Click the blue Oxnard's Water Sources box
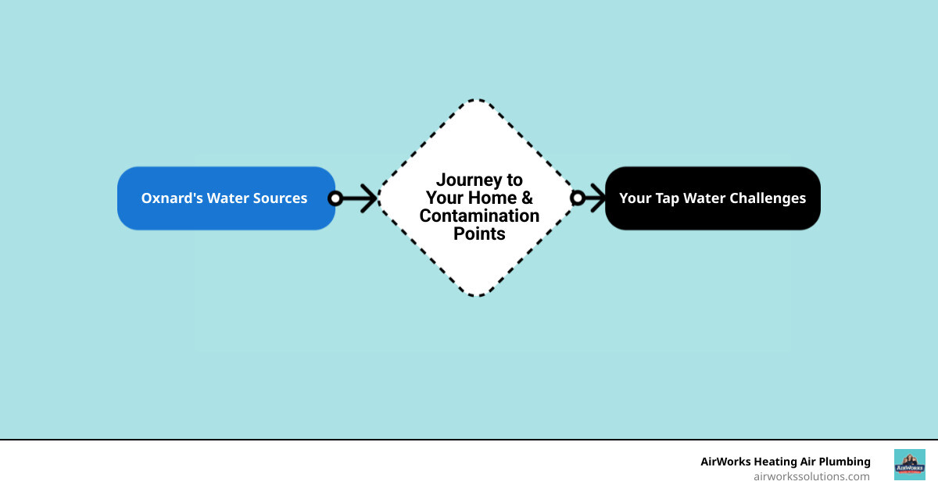pos(226,198)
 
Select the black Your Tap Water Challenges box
pos(712,198)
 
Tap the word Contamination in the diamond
pos(479,216)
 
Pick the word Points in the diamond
pos(479,234)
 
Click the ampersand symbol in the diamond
pos(527,198)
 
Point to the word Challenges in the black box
pos(767,198)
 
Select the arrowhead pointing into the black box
pos(598,198)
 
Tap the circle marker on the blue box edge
pos(335,198)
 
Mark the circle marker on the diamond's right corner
pos(578,198)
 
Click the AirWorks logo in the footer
pos(909,465)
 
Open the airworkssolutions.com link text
pos(811,476)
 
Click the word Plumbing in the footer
pos(842,462)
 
